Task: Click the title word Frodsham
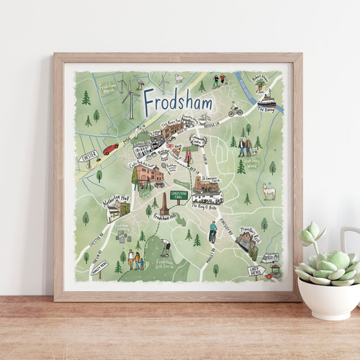pos(177,103)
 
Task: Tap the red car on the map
pos(110,149)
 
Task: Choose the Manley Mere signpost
pos(99,267)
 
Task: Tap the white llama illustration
pos(269,191)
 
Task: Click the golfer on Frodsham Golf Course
pos(166,248)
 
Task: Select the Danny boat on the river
pos(267,100)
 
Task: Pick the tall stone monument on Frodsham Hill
pos(163,204)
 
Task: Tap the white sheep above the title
pos(177,78)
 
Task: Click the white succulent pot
pos(330,294)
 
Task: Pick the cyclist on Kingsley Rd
pos(212,231)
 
